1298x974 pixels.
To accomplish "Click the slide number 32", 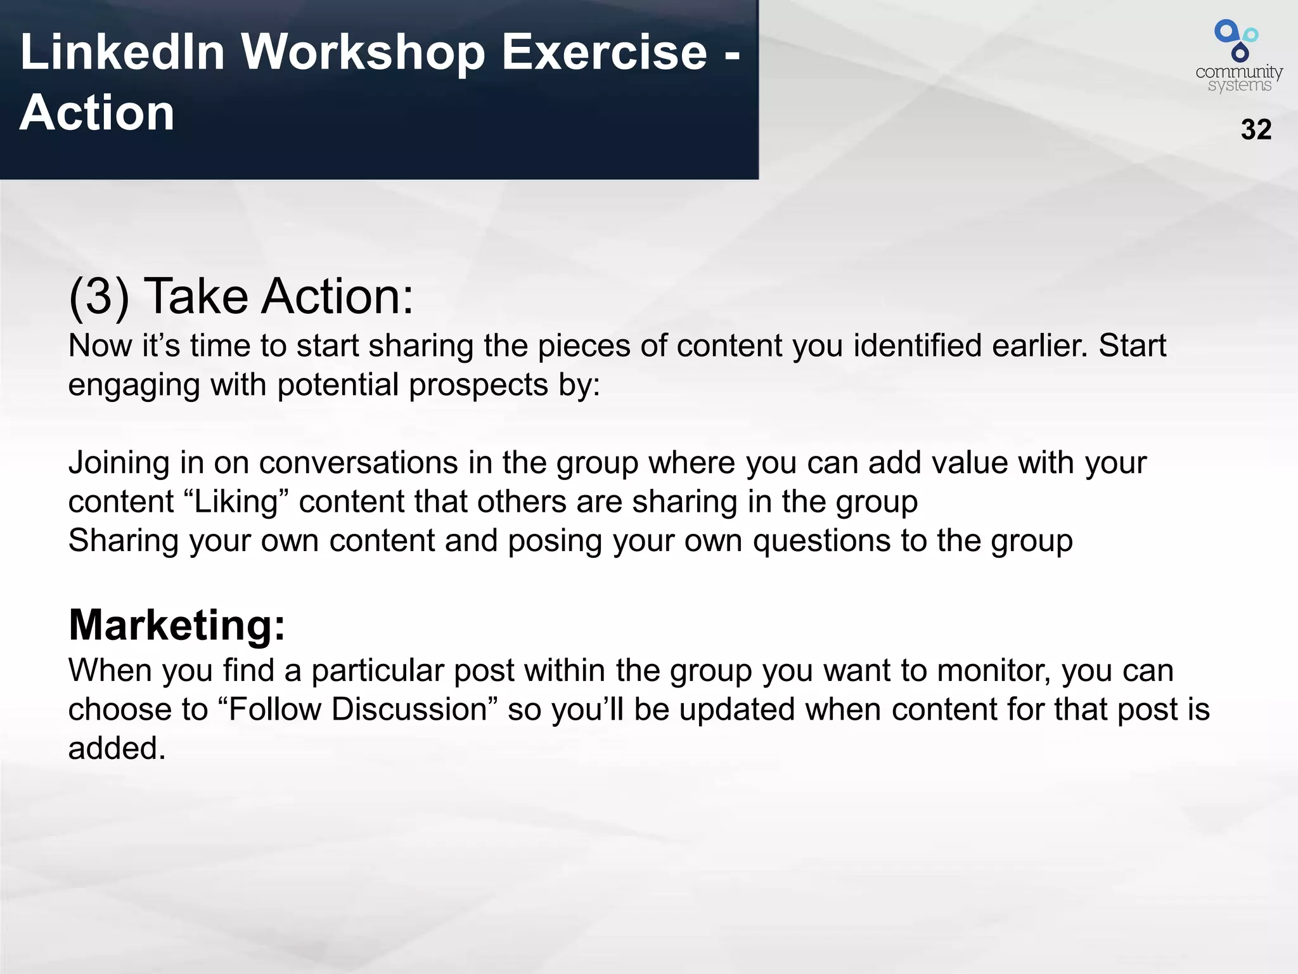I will point(1256,129).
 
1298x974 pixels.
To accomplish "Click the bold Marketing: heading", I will point(177,625).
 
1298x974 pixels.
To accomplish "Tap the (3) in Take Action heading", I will point(98,296).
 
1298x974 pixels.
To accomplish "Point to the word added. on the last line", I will point(117,748).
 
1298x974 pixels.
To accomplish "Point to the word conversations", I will point(358,463).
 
